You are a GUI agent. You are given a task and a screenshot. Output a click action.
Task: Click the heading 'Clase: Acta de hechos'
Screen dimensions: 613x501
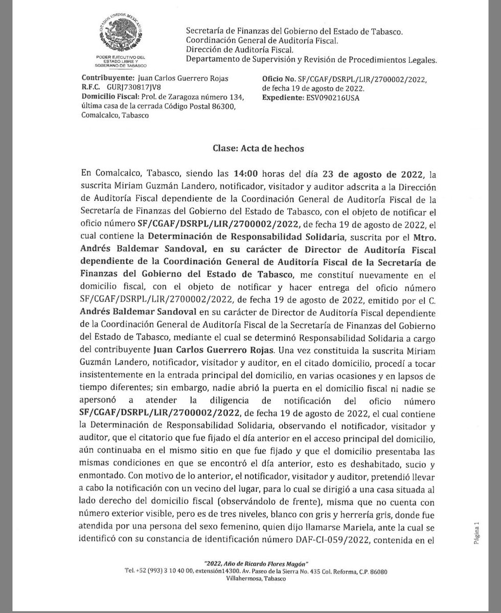pyautogui.click(x=258, y=149)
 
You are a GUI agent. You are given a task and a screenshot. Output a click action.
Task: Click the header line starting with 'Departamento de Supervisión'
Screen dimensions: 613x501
pyautogui.click(x=311, y=60)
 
